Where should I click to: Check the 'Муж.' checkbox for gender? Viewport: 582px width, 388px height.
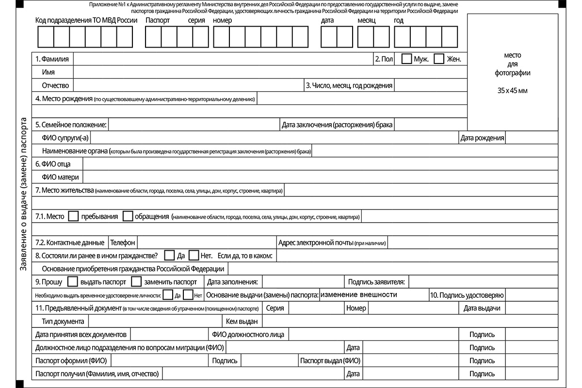(x=407, y=59)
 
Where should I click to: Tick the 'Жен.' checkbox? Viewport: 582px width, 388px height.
(x=439, y=59)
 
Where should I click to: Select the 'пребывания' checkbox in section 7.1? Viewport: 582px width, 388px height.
(x=74, y=216)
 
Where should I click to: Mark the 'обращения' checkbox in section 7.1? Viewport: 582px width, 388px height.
(x=128, y=216)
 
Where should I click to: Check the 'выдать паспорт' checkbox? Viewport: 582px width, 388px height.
(x=72, y=281)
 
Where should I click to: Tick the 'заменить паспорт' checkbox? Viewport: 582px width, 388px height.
(x=136, y=281)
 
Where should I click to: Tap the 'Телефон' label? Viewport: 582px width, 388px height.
(x=123, y=242)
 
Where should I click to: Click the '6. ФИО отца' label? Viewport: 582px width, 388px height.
(x=53, y=164)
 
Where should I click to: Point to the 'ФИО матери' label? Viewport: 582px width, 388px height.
(x=61, y=177)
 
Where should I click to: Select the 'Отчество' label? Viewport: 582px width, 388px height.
(x=56, y=85)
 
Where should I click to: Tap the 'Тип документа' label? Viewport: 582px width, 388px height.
(x=64, y=321)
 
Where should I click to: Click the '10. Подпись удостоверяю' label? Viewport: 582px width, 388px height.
(x=467, y=295)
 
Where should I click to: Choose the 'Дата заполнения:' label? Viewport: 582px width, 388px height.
(x=232, y=281)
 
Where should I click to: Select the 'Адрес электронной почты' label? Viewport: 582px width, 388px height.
(x=315, y=242)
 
